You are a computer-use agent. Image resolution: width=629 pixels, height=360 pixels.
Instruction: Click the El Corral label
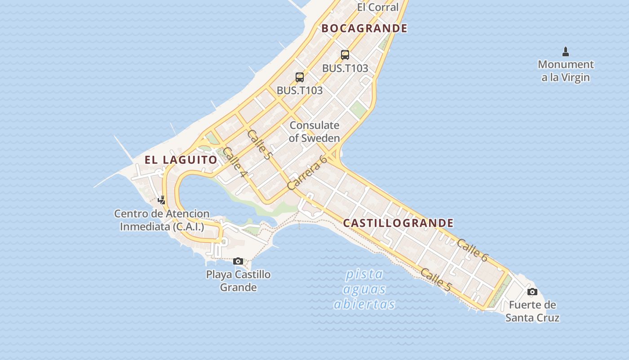(x=377, y=7)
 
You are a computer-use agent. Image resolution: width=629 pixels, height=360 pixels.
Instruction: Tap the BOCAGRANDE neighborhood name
(x=364, y=28)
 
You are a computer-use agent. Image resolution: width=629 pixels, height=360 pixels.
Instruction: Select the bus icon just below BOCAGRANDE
(x=345, y=55)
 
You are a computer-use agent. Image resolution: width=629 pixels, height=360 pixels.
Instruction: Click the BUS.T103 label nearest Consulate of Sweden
(x=300, y=90)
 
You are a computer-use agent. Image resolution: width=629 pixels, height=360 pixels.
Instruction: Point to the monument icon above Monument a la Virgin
(x=566, y=51)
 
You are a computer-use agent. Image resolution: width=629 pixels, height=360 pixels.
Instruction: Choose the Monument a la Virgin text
(x=566, y=71)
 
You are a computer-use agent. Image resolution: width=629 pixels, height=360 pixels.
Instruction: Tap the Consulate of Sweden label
(x=314, y=131)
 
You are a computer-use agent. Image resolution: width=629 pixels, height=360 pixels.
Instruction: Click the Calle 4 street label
(x=235, y=162)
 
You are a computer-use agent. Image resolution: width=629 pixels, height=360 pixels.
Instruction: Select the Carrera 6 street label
(x=306, y=172)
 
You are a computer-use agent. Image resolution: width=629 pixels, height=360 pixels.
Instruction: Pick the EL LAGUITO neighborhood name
(x=181, y=160)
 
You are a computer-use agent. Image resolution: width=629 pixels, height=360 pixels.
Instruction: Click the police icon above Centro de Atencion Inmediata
(x=162, y=200)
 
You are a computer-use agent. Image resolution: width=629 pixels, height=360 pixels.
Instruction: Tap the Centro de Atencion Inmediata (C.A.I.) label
(x=162, y=220)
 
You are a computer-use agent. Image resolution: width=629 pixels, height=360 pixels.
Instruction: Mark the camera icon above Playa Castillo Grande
(x=238, y=261)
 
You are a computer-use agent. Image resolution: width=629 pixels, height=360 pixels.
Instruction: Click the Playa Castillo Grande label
(x=238, y=281)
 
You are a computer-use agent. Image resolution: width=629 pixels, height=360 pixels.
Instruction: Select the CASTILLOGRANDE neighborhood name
(x=399, y=223)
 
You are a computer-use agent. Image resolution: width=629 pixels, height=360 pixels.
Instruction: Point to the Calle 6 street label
(x=472, y=250)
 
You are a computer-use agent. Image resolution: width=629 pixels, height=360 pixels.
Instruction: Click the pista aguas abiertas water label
(x=364, y=289)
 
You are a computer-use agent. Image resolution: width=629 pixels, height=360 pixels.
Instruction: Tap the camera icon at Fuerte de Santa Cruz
(x=532, y=292)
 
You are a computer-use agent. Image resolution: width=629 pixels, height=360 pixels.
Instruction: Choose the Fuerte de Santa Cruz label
(x=532, y=311)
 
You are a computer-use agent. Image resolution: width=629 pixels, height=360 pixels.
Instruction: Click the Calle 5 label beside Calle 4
(x=260, y=144)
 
